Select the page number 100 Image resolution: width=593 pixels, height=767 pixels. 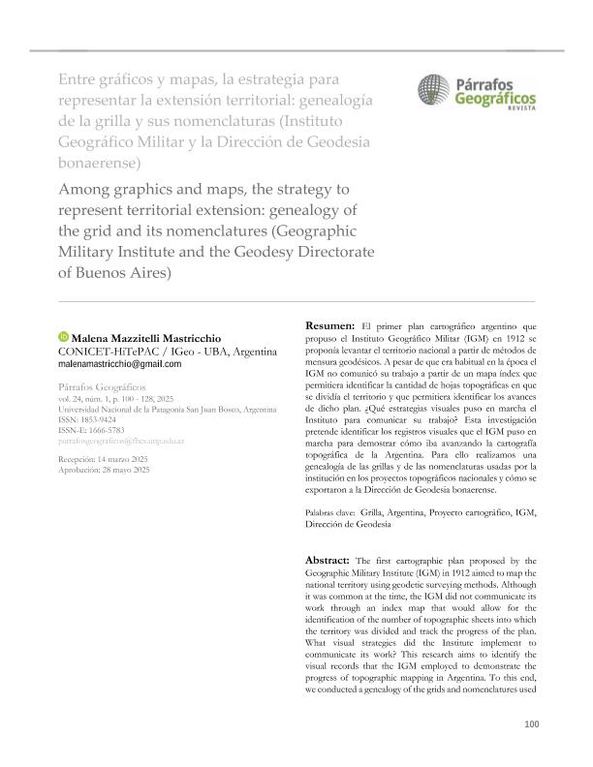click(x=530, y=723)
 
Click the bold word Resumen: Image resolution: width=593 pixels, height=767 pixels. click(x=329, y=325)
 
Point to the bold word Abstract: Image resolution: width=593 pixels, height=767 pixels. click(x=329, y=561)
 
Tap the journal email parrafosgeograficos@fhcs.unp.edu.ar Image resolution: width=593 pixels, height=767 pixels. click(x=136, y=441)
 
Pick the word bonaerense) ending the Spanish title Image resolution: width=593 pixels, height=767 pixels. click(x=100, y=161)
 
